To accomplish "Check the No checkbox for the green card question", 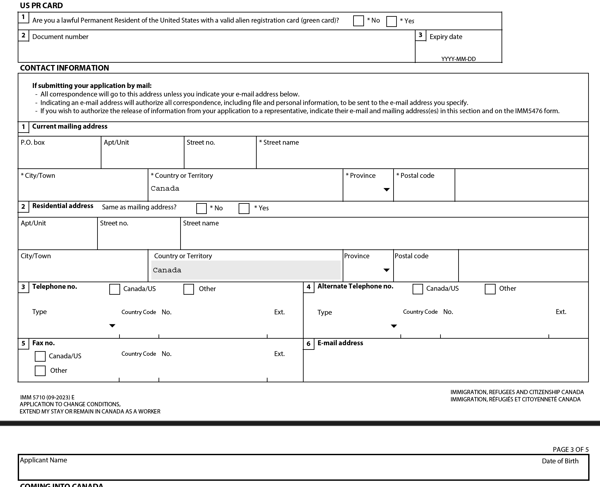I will point(358,21).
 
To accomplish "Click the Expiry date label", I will point(446,37).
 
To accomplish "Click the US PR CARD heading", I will point(41,6).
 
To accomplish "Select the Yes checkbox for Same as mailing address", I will point(244,208).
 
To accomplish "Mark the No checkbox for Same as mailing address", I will point(201,208).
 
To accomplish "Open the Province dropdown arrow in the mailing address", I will point(387,190).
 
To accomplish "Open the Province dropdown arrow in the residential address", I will point(387,270).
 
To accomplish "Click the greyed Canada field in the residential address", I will point(246,270).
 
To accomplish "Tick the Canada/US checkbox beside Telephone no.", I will point(115,289).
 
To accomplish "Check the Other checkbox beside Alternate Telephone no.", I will point(490,289).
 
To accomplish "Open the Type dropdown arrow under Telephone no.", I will point(112,326).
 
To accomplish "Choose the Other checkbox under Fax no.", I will point(40,371).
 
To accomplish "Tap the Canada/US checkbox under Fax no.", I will point(40,356).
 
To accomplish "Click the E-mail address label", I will point(340,343).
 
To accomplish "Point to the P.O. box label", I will point(32,142).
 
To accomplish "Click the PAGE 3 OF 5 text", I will point(570,450).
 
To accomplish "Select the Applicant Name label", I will point(43,460).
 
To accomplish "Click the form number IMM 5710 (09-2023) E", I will point(47,397).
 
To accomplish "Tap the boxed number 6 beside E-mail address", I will point(309,344).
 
